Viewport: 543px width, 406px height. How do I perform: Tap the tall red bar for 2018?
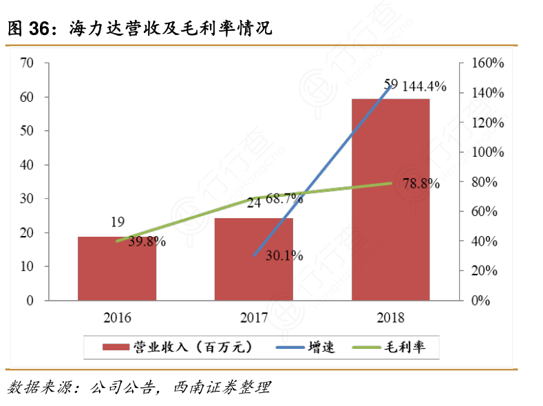point(391,200)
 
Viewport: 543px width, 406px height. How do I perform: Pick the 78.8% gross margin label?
point(421,184)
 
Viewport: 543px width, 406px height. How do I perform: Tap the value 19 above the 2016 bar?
point(117,222)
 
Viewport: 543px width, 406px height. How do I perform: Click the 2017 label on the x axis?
point(254,319)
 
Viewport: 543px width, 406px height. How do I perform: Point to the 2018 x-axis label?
point(391,319)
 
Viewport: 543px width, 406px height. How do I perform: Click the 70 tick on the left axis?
point(27,63)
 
